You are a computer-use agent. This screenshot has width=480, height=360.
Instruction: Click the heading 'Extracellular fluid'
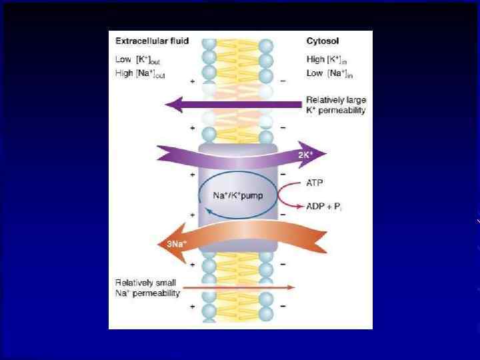point(151,41)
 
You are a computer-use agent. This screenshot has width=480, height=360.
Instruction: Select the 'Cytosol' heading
point(323,41)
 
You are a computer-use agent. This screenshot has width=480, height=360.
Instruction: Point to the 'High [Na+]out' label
point(143,73)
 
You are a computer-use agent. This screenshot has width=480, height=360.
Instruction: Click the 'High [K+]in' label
point(329,59)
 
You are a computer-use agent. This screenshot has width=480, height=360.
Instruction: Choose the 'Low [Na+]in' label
point(329,73)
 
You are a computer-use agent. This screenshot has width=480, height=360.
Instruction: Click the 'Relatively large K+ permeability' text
point(336,105)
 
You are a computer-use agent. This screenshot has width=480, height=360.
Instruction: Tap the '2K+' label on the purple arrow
point(306,155)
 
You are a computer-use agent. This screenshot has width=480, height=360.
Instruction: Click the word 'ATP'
point(316,181)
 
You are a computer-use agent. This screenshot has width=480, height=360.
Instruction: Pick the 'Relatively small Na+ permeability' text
point(147,288)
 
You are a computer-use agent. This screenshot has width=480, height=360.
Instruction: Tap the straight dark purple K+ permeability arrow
point(233,104)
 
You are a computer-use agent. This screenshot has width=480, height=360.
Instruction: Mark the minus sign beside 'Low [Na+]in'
point(283,81)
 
